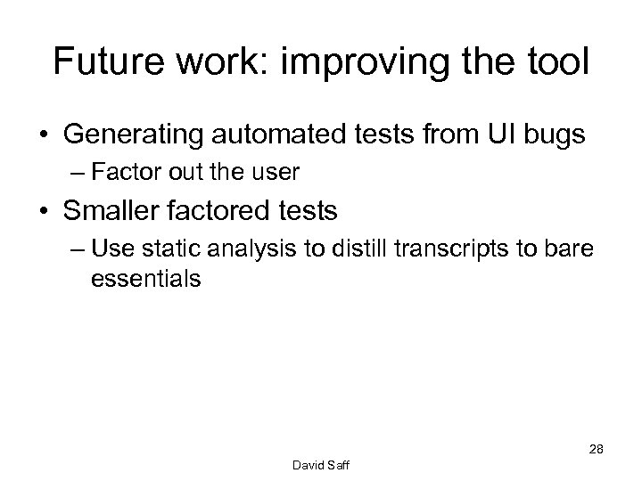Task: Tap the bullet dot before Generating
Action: [44, 137]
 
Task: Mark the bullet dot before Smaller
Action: [44, 210]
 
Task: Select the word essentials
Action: [145, 278]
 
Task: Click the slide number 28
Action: [596, 450]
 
